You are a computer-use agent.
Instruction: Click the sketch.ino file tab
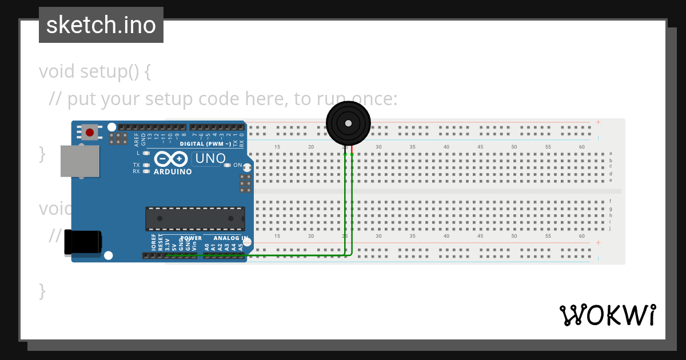[101, 25]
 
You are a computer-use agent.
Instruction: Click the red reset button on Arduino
[90, 133]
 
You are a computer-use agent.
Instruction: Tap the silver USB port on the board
[79, 161]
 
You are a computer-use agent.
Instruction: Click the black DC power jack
[82, 242]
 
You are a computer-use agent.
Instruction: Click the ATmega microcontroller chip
[195, 219]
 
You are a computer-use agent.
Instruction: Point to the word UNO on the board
[210, 158]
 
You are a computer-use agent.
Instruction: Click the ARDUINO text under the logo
[172, 171]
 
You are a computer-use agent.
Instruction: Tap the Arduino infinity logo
[169, 158]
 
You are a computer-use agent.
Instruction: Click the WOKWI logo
[607, 315]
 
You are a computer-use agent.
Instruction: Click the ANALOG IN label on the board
[230, 238]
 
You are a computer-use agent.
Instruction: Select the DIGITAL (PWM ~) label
[205, 144]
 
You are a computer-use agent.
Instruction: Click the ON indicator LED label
[237, 165]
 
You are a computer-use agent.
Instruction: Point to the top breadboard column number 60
[581, 147]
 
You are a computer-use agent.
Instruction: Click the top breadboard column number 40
[446, 147]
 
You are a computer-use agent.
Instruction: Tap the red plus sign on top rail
[598, 122]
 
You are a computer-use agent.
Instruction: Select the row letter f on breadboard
[611, 201]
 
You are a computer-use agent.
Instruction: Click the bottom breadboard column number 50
[514, 236]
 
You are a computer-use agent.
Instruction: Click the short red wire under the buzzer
[352, 150]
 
